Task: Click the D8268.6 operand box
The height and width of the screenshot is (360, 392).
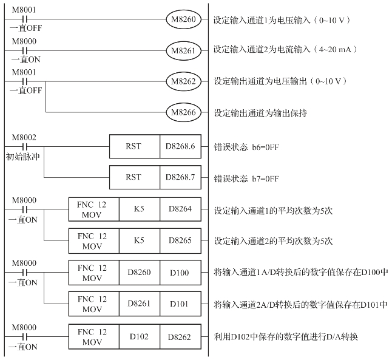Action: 180,146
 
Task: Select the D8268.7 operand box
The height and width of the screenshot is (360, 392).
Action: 180,177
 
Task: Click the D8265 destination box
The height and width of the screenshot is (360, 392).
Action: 180,240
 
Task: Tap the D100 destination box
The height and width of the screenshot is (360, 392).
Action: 180,272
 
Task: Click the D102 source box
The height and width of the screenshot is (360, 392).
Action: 139,335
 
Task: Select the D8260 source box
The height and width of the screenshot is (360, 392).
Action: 139,272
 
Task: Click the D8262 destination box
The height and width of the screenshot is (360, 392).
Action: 180,335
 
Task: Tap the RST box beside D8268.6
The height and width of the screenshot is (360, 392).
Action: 134,146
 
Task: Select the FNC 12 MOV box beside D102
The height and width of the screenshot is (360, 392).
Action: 93,335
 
